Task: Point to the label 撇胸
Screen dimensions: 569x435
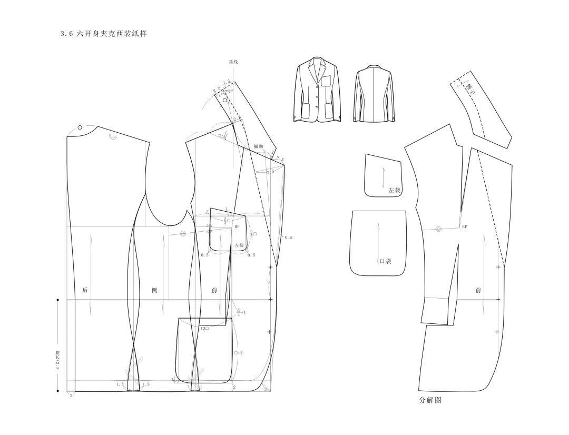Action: [x=258, y=146]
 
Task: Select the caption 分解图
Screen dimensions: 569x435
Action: [x=430, y=400]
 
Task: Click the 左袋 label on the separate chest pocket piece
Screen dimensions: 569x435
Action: [x=395, y=190]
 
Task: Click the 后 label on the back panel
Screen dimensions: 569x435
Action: [x=85, y=290]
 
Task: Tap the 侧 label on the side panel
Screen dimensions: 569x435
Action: [x=154, y=290]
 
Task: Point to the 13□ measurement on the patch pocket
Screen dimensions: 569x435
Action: [x=204, y=329]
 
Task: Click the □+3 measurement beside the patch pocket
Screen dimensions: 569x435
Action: [x=238, y=353]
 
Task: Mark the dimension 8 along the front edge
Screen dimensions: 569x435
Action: [x=268, y=283]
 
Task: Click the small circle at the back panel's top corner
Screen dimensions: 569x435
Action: [x=80, y=127]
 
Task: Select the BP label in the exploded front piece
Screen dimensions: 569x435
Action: [x=465, y=227]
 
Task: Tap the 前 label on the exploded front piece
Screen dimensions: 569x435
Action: [x=478, y=290]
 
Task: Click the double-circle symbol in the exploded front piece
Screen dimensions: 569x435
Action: [x=438, y=229]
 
